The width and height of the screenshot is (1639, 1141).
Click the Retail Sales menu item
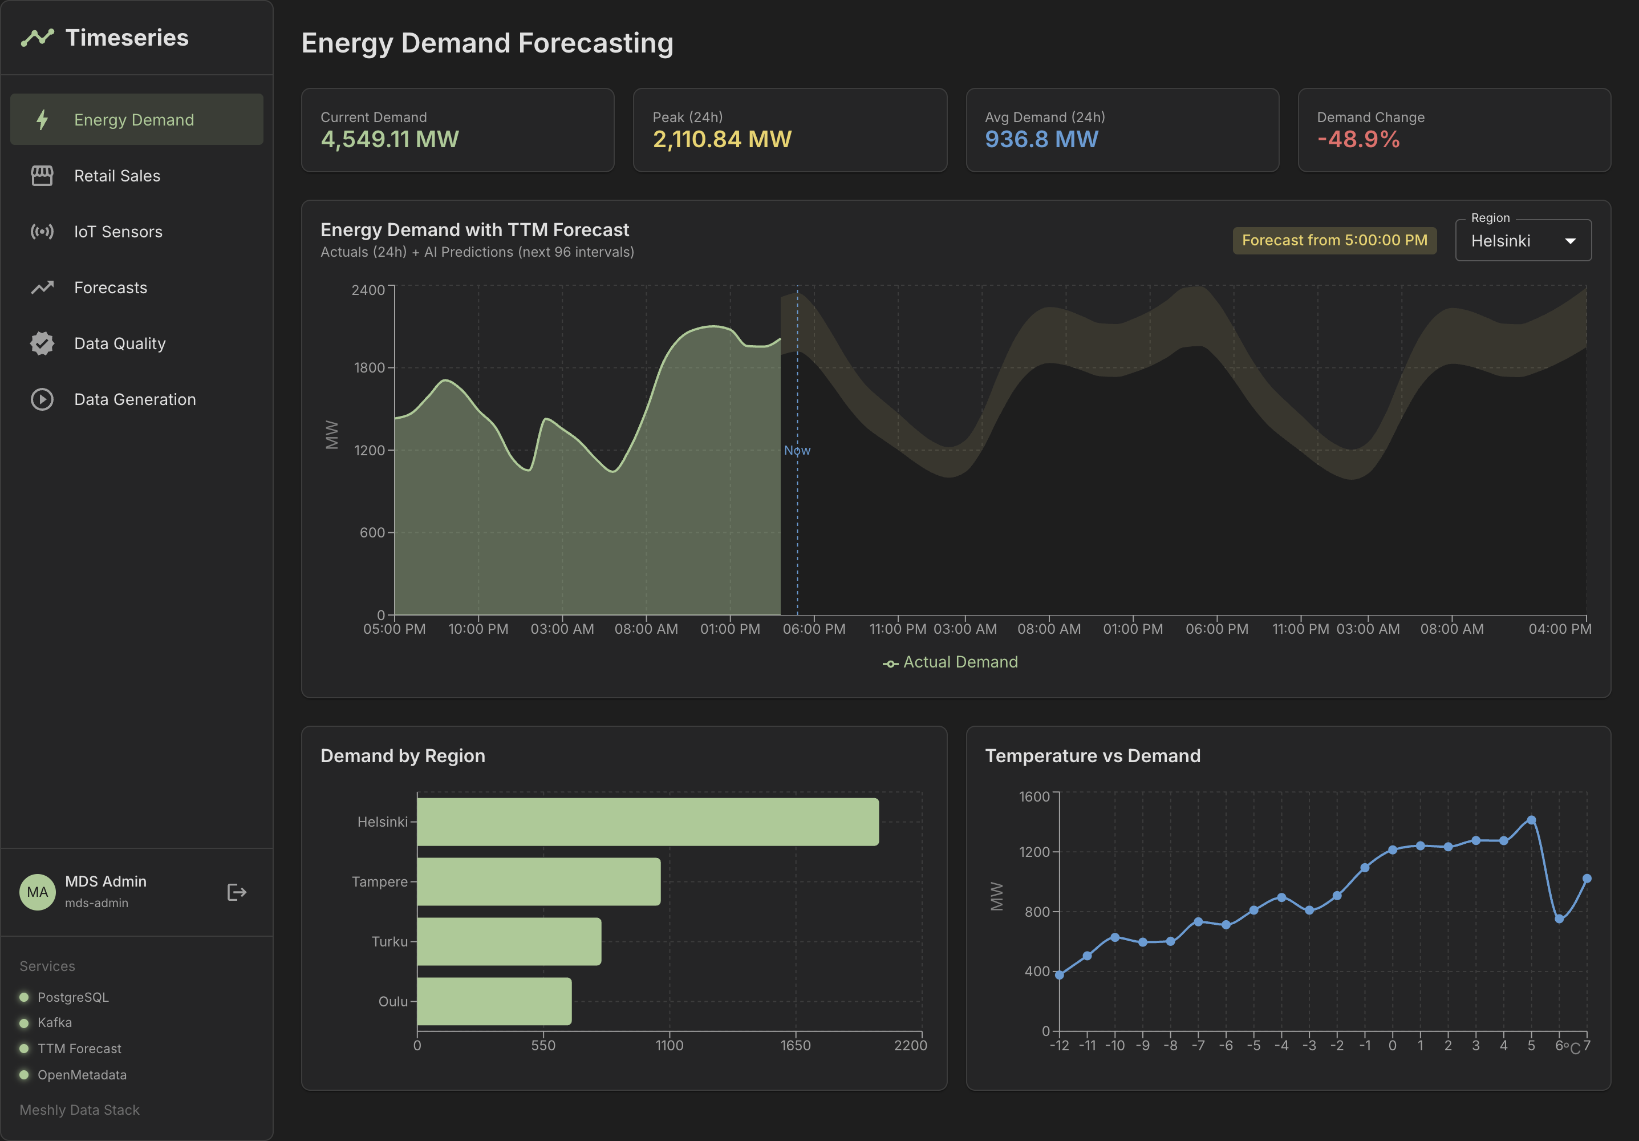coord(116,176)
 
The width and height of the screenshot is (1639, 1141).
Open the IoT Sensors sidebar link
coord(118,232)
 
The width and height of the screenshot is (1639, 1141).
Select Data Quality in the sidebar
coord(119,343)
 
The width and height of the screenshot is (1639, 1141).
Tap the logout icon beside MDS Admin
coord(236,892)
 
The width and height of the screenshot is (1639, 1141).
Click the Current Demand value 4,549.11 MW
coord(389,139)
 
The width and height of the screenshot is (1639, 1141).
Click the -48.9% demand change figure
coord(1358,139)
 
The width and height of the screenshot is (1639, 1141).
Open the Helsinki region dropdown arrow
coord(1570,241)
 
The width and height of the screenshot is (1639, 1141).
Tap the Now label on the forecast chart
coord(797,451)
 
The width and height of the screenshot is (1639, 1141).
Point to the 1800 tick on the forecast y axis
coord(369,368)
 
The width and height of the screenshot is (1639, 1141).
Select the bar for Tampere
coord(538,882)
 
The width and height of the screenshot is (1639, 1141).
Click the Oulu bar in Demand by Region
coord(494,1001)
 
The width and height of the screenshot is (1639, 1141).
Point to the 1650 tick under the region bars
coord(795,1045)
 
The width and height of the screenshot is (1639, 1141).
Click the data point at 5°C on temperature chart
coord(1531,820)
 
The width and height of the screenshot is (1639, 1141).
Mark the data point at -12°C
coord(1060,974)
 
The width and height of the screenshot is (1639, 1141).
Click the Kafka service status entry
coord(54,1022)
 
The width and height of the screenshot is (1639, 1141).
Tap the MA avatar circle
coord(37,892)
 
